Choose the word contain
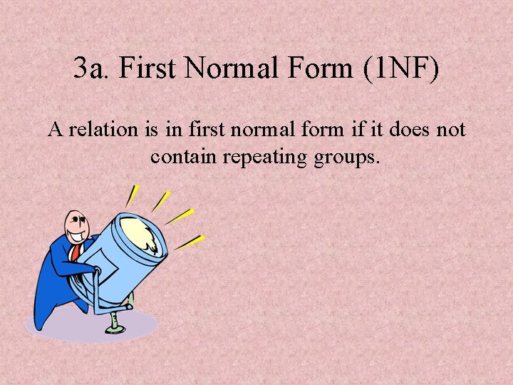click(x=183, y=155)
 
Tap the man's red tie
click(x=74, y=252)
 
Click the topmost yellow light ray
click(x=132, y=195)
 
